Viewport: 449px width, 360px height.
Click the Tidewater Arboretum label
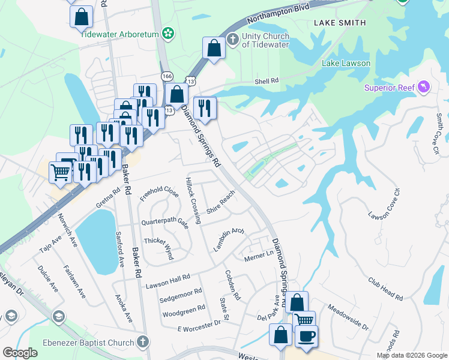(x=119, y=34)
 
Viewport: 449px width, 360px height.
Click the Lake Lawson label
(x=346, y=63)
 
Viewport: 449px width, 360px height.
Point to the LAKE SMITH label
(x=340, y=23)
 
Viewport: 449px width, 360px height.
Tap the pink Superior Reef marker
(x=424, y=88)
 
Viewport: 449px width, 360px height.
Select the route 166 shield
(x=167, y=76)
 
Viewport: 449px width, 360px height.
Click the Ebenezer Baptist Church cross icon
(x=142, y=342)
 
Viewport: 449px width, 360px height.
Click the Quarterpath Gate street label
(x=165, y=221)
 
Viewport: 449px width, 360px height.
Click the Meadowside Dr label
(x=348, y=317)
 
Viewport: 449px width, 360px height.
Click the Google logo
(x=20, y=353)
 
